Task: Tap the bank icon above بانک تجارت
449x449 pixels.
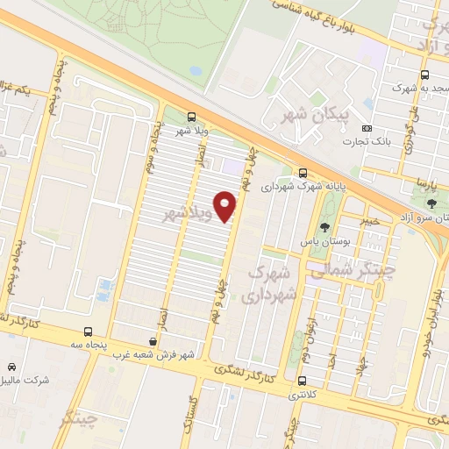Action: [367, 128]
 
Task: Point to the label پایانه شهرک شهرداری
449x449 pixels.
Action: [303, 187]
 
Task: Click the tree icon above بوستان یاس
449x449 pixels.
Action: [325, 226]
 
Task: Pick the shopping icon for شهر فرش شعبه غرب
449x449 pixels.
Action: [153, 342]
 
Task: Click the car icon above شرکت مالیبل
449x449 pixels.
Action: [11, 367]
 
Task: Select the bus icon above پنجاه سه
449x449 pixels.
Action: [88, 331]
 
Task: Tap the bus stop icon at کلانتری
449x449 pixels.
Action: [303, 381]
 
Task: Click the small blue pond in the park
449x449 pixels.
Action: [105, 287]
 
